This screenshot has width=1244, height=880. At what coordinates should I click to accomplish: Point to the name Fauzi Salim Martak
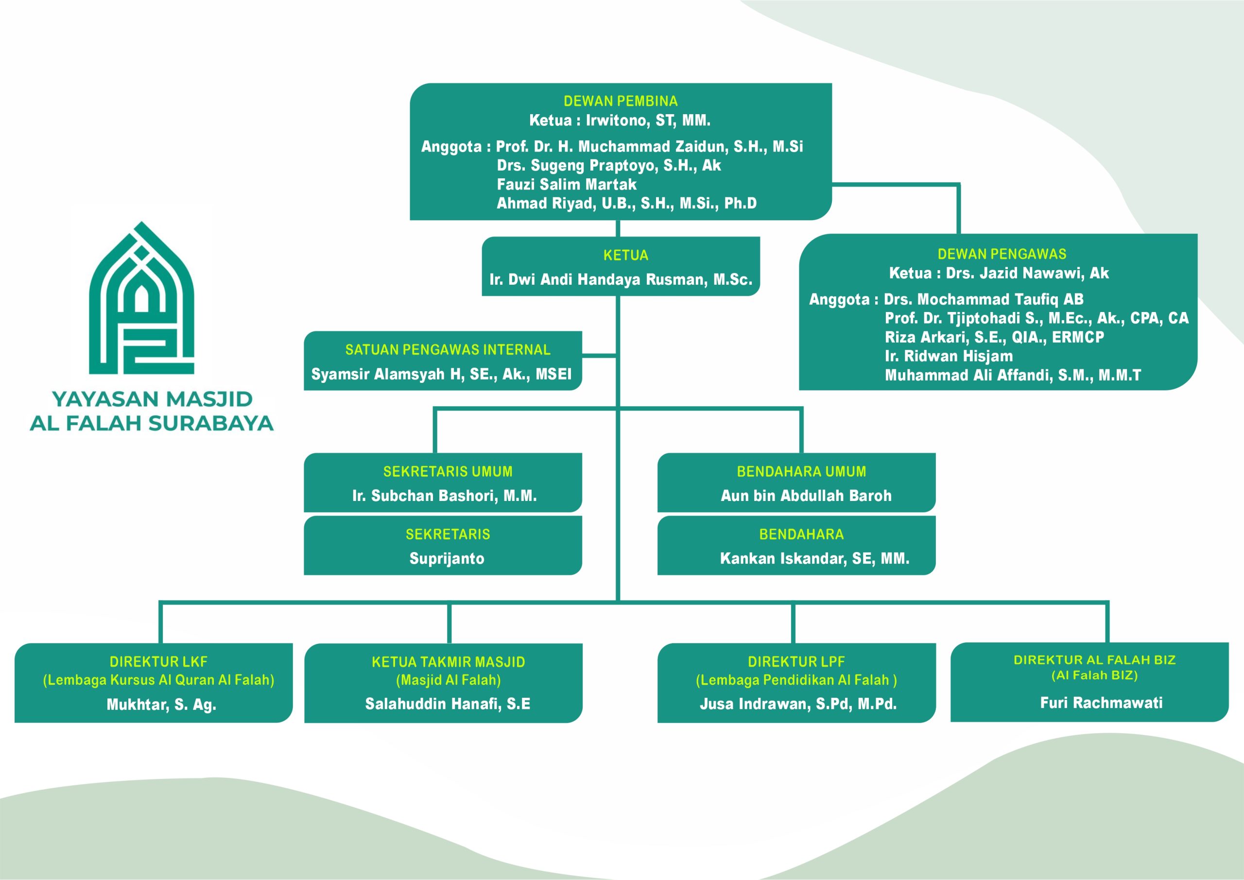566,184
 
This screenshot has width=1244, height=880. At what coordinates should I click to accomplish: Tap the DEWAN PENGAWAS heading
1002,254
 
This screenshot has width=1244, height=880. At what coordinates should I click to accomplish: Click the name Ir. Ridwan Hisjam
948,356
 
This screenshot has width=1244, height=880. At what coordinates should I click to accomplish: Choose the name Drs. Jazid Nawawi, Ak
1027,273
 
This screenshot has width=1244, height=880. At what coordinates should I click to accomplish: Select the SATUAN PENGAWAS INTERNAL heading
448,350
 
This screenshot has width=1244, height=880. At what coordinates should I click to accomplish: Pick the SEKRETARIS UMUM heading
448,472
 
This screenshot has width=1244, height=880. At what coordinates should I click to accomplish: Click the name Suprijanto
447,559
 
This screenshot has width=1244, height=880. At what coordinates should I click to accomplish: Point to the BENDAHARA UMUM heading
801,472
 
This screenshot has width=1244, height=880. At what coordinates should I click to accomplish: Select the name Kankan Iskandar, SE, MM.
814,559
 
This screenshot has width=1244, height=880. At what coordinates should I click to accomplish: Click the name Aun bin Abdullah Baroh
806,496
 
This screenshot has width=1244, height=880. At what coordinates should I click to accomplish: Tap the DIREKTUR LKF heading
158,662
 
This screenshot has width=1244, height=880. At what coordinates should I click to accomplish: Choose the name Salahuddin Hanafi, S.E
448,704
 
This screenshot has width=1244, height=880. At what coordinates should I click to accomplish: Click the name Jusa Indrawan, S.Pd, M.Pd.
798,704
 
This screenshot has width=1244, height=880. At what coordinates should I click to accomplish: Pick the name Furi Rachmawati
1101,703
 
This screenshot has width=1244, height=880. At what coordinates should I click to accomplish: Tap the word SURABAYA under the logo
211,423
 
